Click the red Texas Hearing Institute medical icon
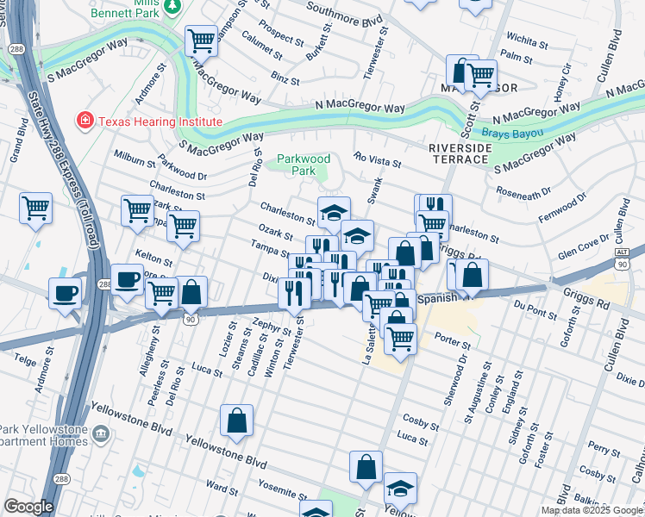[x=85, y=121]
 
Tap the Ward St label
[x=222, y=489]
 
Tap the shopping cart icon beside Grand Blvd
[x=35, y=207]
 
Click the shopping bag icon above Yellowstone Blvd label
[x=236, y=420]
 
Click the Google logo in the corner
[x=28, y=507]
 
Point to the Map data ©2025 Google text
[x=592, y=510]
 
